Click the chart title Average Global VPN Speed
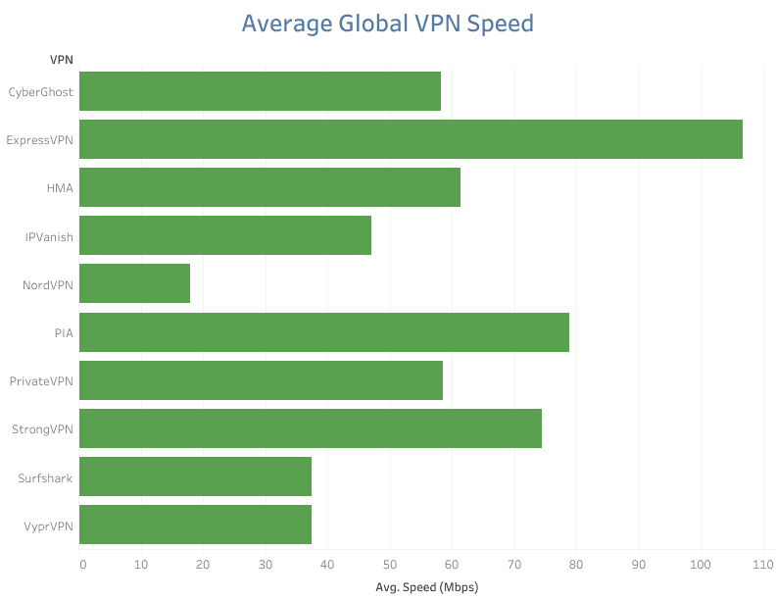[x=387, y=24]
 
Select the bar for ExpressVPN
[x=411, y=139]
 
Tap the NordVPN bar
[x=134, y=283]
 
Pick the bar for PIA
[x=323, y=332]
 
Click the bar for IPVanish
[x=224, y=235]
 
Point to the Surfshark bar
[x=195, y=476]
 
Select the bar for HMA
[x=269, y=187]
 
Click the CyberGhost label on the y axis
[x=40, y=92]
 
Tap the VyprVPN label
[x=46, y=526]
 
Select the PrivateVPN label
[x=41, y=380]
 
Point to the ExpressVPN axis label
[x=39, y=140]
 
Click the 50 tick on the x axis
[x=390, y=564]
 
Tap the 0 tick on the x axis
[x=82, y=564]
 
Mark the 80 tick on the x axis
[x=576, y=564]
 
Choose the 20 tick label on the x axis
[x=204, y=564]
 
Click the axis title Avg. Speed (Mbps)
[x=426, y=587]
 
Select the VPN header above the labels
[x=62, y=60]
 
